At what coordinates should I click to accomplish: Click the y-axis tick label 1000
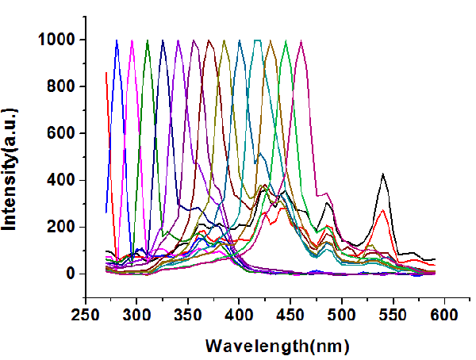coord(56,40)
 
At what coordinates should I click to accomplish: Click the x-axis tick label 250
coord(86,316)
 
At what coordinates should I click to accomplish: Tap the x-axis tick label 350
coord(188,316)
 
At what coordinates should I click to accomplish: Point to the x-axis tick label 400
coord(239,316)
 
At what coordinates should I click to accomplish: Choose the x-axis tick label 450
coord(290,316)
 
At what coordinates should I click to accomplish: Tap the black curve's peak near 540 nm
coord(383,174)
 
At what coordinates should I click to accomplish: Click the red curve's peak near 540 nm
coord(383,210)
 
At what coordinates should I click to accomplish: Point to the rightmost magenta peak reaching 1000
coord(301,41)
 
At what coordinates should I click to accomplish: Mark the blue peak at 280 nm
coord(117,40)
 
